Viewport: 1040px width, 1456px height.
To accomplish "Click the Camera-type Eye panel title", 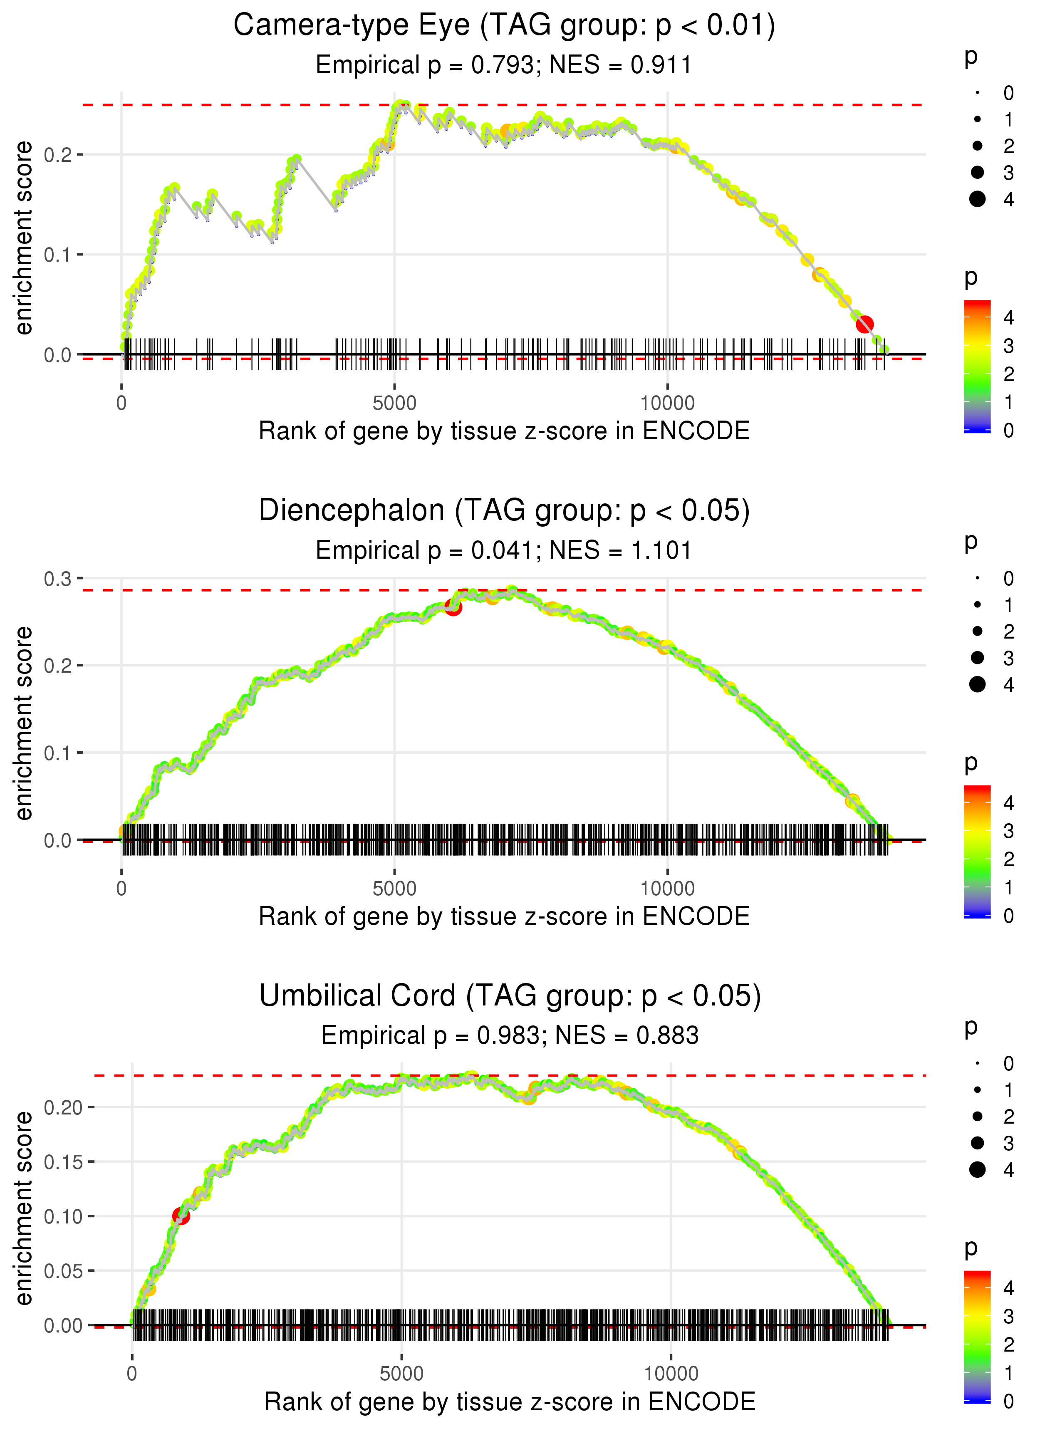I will [504, 26].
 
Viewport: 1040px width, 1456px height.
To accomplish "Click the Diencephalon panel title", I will [504, 511].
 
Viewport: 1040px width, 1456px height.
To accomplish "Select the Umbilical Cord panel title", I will [510, 996].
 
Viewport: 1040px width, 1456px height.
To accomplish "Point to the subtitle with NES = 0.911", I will [504, 65].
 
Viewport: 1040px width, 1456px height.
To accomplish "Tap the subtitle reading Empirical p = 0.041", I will [504, 551].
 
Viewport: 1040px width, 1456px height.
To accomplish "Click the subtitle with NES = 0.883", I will [510, 1035].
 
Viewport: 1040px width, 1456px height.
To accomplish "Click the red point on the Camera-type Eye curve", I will [864, 324].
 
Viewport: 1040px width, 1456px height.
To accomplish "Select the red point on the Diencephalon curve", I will [453, 607].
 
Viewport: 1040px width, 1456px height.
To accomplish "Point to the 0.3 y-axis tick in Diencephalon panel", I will [58, 579].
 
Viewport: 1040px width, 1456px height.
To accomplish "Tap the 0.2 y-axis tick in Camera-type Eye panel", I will [58, 155].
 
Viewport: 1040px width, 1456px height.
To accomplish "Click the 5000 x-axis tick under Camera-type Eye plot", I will [394, 404].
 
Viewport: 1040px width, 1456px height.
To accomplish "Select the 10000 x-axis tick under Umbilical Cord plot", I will [671, 1374].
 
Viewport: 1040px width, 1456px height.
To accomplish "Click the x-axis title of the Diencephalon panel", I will [504, 916].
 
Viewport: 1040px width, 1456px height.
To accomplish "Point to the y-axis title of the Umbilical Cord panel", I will [24, 1208].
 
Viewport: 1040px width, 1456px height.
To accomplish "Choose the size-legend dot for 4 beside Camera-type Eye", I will [977, 199].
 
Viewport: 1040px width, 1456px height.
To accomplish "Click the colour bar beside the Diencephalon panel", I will [977, 852].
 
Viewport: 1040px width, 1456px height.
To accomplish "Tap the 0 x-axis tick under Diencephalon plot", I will [121, 889].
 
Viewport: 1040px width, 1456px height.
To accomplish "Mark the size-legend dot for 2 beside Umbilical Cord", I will [977, 1117].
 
